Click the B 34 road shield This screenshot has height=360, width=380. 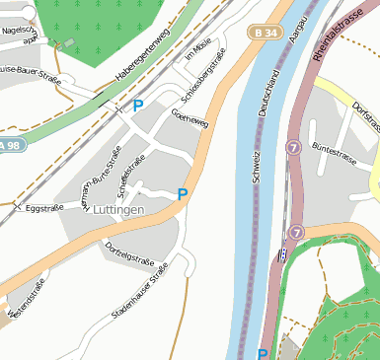click(x=264, y=33)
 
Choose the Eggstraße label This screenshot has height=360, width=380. click(x=44, y=208)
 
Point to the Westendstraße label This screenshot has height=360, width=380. click(x=27, y=301)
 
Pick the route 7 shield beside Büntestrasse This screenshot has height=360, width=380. click(x=293, y=146)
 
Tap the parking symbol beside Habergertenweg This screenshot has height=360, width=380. click(x=137, y=105)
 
